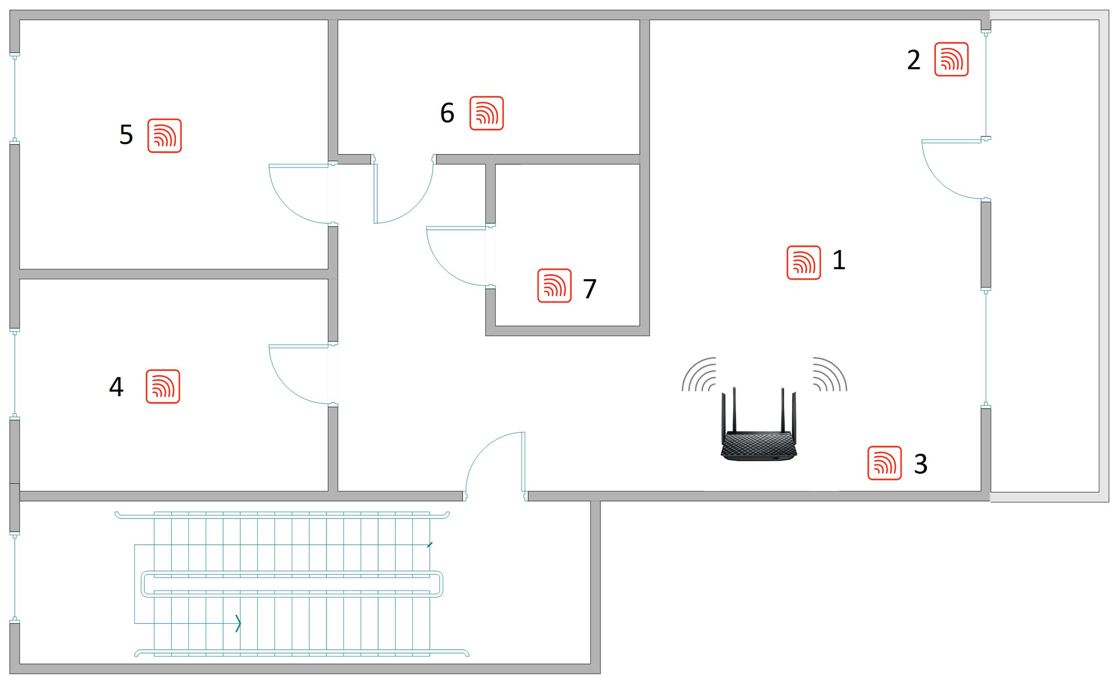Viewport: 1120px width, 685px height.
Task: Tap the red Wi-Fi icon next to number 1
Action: [804, 263]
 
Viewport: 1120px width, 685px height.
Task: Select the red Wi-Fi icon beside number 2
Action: [951, 59]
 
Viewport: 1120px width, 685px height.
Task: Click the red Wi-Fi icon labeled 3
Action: [884, 463]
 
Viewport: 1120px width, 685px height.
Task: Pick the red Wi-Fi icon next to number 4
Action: [163, 386]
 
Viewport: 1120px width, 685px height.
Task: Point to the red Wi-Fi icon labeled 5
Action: [164, 136]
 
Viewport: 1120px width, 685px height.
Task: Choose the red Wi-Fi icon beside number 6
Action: [486, 113]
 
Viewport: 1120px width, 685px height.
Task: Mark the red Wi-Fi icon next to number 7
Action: [554, 285]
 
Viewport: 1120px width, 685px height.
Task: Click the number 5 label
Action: [126, 135]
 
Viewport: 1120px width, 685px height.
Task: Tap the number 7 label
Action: [589, 289]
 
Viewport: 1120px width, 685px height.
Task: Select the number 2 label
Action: [914, 60]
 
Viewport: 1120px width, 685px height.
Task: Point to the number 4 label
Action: [116, 386]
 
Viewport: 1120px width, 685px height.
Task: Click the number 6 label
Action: [447, 113]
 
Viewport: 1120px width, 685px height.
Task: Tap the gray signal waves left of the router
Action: [698, 374]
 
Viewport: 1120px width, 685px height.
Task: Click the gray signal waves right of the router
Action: [830, 374]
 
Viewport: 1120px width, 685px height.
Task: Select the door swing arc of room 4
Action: [285, 386]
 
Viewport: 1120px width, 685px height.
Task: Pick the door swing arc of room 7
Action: [443, 268]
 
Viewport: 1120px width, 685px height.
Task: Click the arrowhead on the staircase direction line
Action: [238, 623]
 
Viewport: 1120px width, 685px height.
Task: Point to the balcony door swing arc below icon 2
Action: [939, 181]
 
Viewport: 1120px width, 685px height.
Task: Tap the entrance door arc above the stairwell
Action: [482, 450]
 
